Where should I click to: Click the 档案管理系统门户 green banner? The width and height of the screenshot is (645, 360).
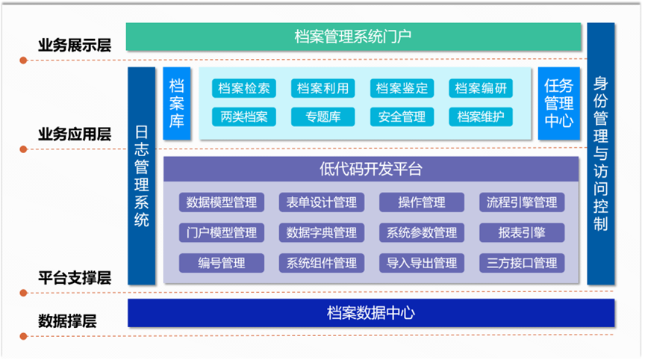point(353,35)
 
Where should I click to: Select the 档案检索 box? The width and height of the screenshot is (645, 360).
point(244,88)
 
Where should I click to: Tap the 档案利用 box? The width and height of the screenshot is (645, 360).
point(322,88)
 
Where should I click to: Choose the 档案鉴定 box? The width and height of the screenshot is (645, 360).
point(402,88)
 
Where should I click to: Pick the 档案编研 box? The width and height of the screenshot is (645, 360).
point(481,88)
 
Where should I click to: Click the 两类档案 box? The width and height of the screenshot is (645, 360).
point(244,117)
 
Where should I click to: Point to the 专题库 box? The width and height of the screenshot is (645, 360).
point(322,117)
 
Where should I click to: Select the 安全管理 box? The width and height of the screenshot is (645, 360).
point(402,117)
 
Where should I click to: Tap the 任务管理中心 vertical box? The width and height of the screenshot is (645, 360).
point(558,103)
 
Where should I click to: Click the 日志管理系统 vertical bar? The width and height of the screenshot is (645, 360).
point(142,176)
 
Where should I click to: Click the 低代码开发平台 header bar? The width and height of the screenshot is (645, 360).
point(371,169)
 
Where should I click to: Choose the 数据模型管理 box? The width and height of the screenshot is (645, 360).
point(222,202)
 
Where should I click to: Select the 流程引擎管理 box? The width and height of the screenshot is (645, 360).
point(522,202)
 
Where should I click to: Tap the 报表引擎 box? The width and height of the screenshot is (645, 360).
point(522,232)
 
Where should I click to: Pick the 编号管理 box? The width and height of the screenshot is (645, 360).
point(222,262)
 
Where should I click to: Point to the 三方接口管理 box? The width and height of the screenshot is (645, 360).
point(522,262)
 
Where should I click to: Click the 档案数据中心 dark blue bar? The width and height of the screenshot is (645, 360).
point(371,313)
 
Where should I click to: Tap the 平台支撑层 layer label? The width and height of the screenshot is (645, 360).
point(75,278)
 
